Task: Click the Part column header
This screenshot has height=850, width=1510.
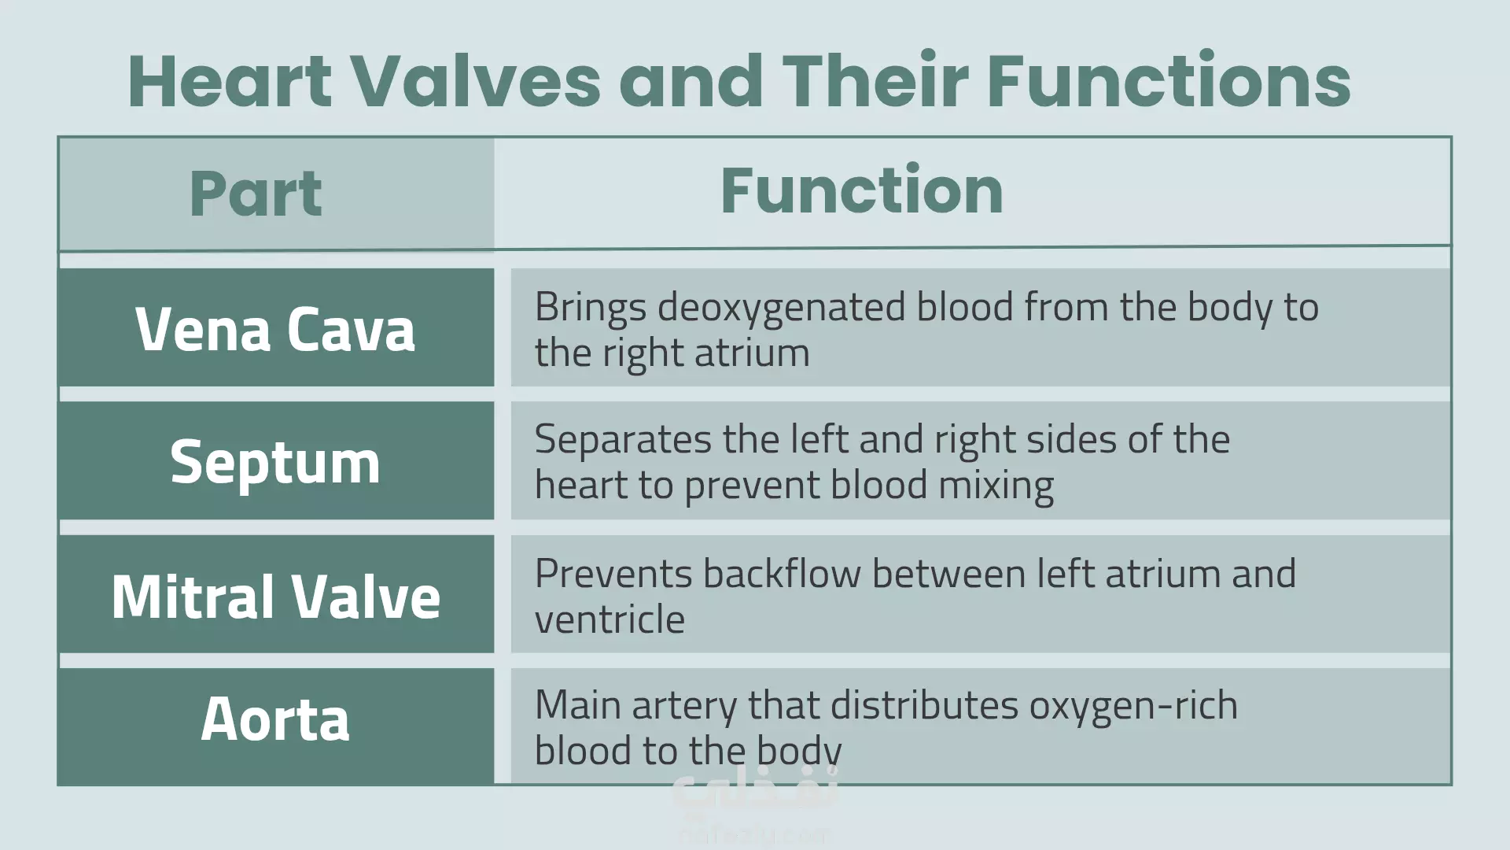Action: [256, 194]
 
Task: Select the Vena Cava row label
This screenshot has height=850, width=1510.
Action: [275, 328]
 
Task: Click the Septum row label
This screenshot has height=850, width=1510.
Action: [275, 463]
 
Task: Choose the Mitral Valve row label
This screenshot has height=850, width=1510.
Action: [275, 596]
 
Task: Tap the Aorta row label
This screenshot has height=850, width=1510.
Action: [275, 719]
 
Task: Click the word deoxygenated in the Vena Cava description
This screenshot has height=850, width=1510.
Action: [781, 308]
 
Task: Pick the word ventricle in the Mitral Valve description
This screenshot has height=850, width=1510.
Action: [610, 619]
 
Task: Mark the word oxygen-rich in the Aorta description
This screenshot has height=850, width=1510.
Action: [1133, 706]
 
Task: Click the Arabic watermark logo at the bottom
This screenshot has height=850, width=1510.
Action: [755, 803]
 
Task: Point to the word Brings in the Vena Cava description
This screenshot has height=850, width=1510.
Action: [591, 308]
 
